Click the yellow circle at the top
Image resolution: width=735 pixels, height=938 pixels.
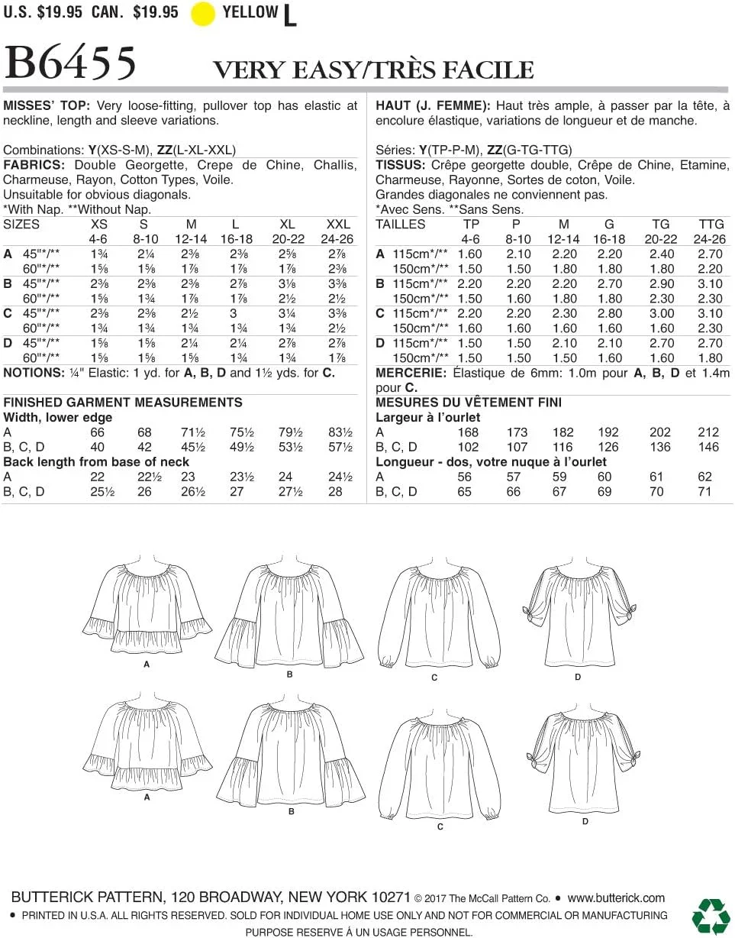(x=203, y=14)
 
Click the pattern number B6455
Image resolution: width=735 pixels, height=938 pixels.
(x=70, y=63)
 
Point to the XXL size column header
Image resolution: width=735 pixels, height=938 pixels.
(x=337, y=225)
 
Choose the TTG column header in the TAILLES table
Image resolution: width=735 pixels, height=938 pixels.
(x=711, y=225)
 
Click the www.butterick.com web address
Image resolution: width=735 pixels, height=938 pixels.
(x=616, y=898)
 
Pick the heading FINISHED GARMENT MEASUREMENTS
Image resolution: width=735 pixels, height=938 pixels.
(x=123, y=403)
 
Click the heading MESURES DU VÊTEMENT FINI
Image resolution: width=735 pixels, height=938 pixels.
(x=469, y=403)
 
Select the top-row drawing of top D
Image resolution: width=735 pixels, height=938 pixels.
(x=578, y=616)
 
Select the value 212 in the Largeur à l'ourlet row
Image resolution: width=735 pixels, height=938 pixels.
(x=708, y=432)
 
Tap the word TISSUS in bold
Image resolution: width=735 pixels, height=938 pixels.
(x=400, y=166)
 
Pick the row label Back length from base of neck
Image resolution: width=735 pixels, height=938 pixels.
(x=96, y=462)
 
